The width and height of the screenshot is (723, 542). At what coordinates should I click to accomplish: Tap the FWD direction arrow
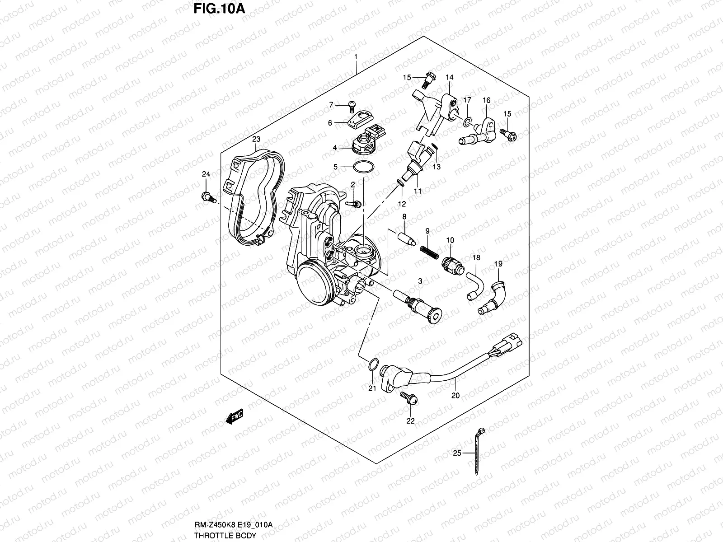pyautogui.click(x=234, y=416)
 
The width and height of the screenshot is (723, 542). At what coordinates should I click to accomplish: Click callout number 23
pyautogui.click(x=256, y=139)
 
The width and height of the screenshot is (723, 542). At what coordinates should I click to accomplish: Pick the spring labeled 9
pyautogui.click(x=429, y=251)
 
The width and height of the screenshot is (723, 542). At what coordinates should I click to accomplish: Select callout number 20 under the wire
pyautogui.click(x=455, y=395)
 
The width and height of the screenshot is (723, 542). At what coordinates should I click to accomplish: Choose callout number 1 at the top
pyautogui.click(x=356, y=57)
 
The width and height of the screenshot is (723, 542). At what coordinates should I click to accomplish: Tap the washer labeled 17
pyautogui.click(x=468, y=121)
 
